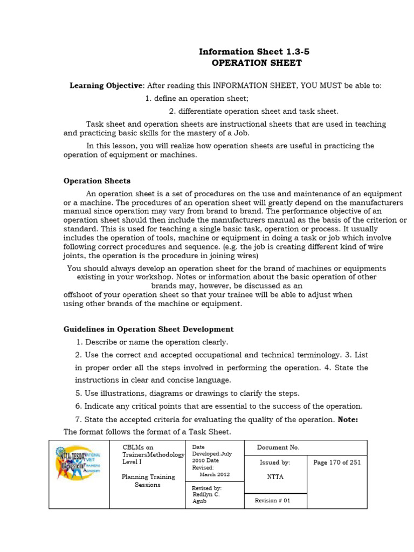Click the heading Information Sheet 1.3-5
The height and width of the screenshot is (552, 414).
254,52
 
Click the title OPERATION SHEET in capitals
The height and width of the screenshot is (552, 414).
256,63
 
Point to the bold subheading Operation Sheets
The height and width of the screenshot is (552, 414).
97,181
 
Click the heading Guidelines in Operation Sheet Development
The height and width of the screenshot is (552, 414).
148,329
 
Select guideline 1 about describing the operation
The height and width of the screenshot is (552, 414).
152,342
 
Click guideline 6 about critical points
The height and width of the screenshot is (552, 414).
219,406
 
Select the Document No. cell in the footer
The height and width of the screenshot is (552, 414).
278,447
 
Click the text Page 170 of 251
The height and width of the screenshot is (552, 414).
337,463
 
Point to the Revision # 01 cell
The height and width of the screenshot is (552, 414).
272,500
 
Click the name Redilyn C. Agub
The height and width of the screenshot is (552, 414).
206,498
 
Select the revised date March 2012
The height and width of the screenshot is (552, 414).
214,474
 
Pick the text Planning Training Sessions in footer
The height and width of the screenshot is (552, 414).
148,480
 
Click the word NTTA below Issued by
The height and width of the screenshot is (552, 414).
275,477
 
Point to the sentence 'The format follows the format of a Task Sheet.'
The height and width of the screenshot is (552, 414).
147,432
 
